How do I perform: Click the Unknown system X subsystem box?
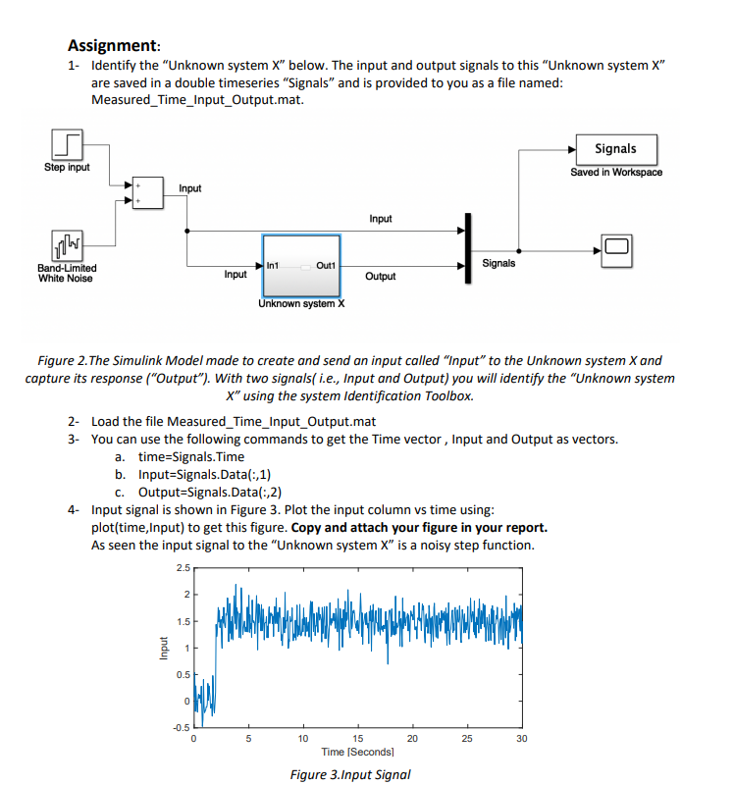301,265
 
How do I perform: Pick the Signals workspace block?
615,149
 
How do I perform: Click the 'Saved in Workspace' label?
616,173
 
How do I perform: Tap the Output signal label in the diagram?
381,277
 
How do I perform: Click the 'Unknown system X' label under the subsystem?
301,304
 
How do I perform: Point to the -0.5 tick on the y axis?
181,727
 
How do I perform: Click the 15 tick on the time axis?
358,739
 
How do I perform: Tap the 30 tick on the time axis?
521,739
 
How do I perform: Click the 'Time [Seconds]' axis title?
357,752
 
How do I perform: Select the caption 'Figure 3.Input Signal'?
350,774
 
